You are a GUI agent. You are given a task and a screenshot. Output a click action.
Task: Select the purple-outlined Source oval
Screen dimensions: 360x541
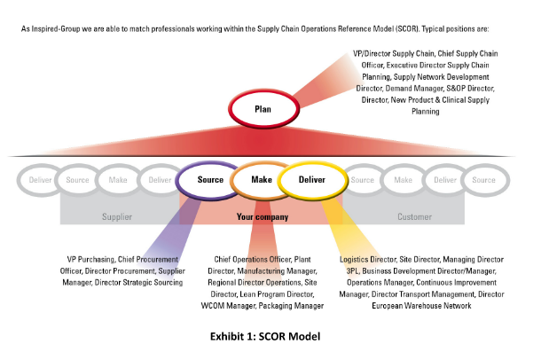pos(210,180)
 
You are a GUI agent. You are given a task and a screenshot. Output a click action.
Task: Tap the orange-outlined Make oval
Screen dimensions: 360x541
pos(261,180)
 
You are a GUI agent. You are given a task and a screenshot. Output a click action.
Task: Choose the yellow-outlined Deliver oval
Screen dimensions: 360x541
pos(311,180)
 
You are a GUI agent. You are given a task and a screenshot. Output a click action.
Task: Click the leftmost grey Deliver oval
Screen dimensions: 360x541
pos(41,180)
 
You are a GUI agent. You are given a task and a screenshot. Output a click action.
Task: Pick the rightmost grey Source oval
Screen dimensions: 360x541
pos(483,180)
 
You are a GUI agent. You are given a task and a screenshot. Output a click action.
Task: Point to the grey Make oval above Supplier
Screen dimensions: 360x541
pos(118,180)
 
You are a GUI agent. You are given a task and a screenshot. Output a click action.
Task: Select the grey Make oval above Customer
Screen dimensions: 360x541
pos(403,180)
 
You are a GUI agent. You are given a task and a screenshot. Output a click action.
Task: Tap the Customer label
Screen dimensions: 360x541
pos(414,216)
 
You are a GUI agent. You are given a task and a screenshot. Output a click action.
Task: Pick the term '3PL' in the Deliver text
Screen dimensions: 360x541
pos(347,270)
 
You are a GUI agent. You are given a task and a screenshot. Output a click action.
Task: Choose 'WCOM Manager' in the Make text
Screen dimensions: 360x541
pos(229,305)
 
